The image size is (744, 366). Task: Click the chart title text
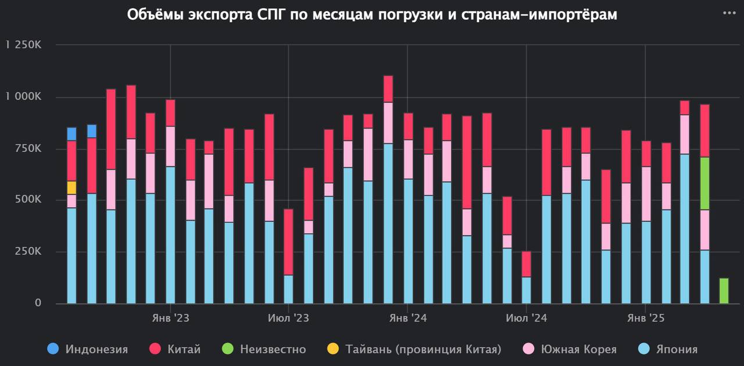pyautogui.click(x=372, y=15)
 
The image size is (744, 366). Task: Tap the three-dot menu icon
pyautogui.click(x=728, y=13)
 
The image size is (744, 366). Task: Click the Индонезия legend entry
pyautogui.click(x=88, y=349)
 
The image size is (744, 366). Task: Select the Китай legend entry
pyautogui.click(x=176, y=349)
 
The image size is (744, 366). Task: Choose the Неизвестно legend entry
pyautogui.click(x=264, y=349)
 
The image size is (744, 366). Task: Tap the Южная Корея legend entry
pyautogui.click(x=570, y=349)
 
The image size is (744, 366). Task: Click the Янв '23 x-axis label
pyautogui.click(x=170, y=318)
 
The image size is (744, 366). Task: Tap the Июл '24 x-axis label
pyautogui.click(x=526, y=318)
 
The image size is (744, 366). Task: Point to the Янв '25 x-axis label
pyautogui.click(x=645, y=318)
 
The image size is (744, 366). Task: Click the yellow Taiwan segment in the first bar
pyautogui.click(x=71, y=187)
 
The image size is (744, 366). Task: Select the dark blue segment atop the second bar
pyautogui.click(x=92, y=131)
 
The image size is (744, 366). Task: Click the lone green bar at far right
pyautogui.click(x=724, y=290)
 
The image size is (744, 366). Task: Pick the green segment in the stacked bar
pyautogui.click(x=704, y=183)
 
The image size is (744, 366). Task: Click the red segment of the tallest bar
pyautogui.click(x=388, y=89)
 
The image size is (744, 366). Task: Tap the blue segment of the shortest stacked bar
pyautogui.click(x=526, y=290)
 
